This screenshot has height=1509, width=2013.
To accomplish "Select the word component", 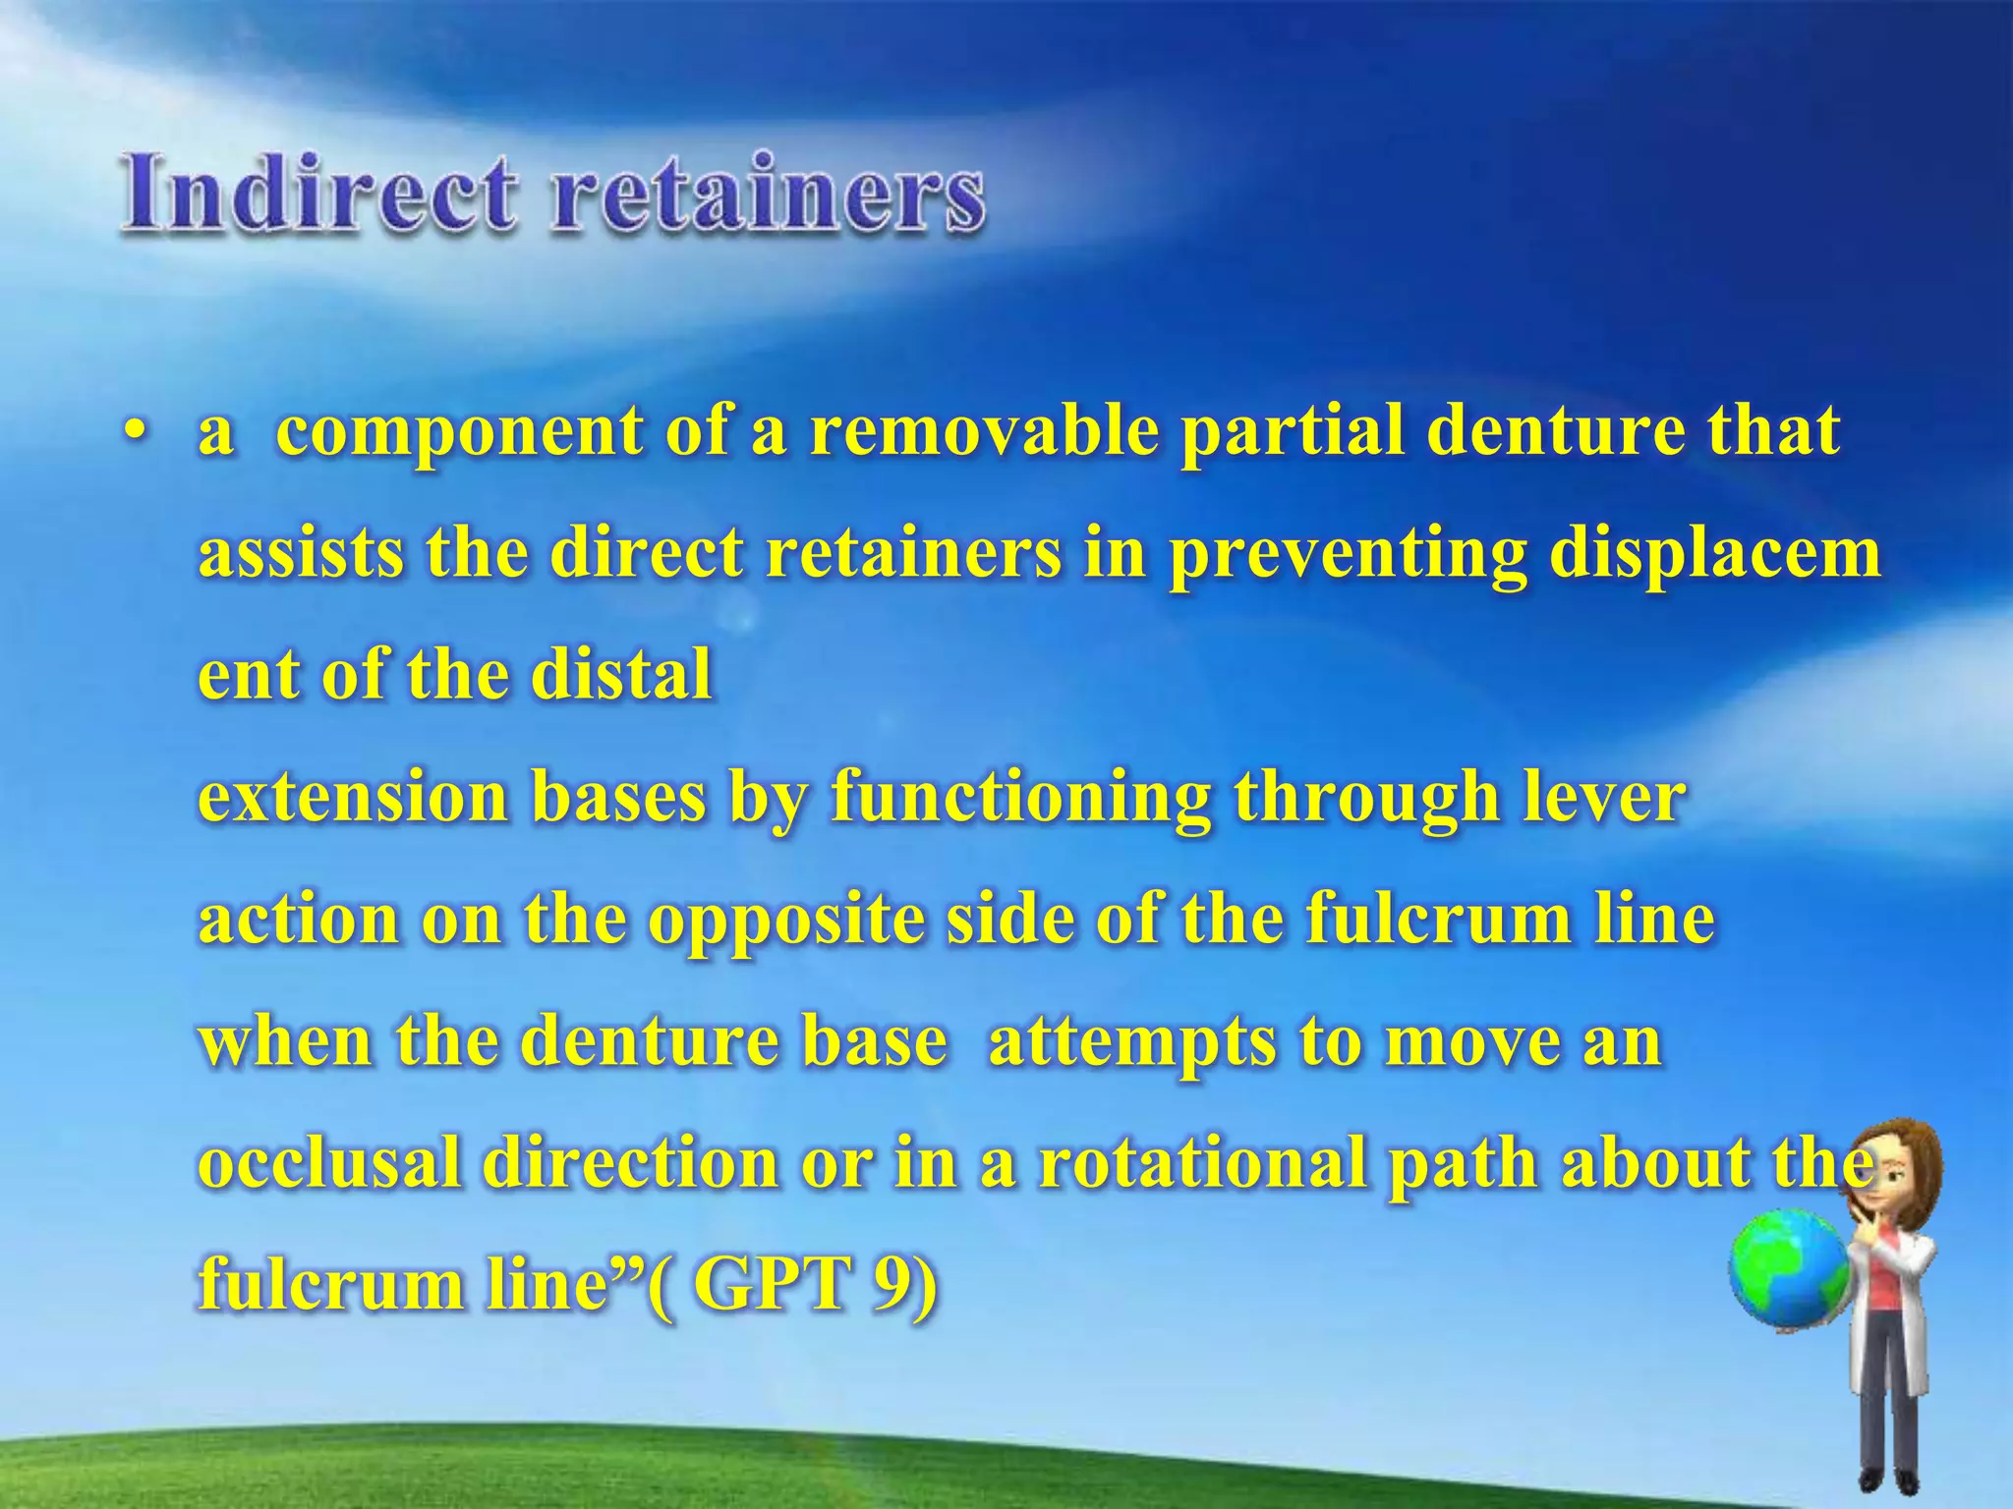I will [458, 433].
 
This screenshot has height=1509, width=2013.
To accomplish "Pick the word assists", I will [300, 553].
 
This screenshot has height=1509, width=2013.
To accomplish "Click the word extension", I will [353, 797].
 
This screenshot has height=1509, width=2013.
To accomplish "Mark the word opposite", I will [786, 921].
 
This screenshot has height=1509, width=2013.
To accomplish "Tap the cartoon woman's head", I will [1892, 1174].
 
